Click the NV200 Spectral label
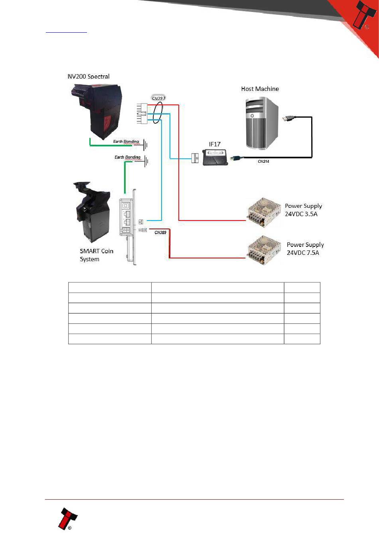(89, 76)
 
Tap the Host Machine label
(260, 89)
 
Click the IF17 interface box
(215, 157)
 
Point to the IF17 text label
(215, 144)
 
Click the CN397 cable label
(158, 98)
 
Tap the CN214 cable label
(263, 162)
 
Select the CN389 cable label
(160, 232)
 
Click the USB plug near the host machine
(289, 118)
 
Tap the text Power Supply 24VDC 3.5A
(303, 210)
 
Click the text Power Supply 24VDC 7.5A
(305, 248)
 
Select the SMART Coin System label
(97, 255)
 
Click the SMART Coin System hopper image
(92, 211)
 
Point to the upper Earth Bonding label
(126, 142)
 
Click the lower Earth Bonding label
(128, 157)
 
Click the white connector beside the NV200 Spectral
(142, 113)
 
